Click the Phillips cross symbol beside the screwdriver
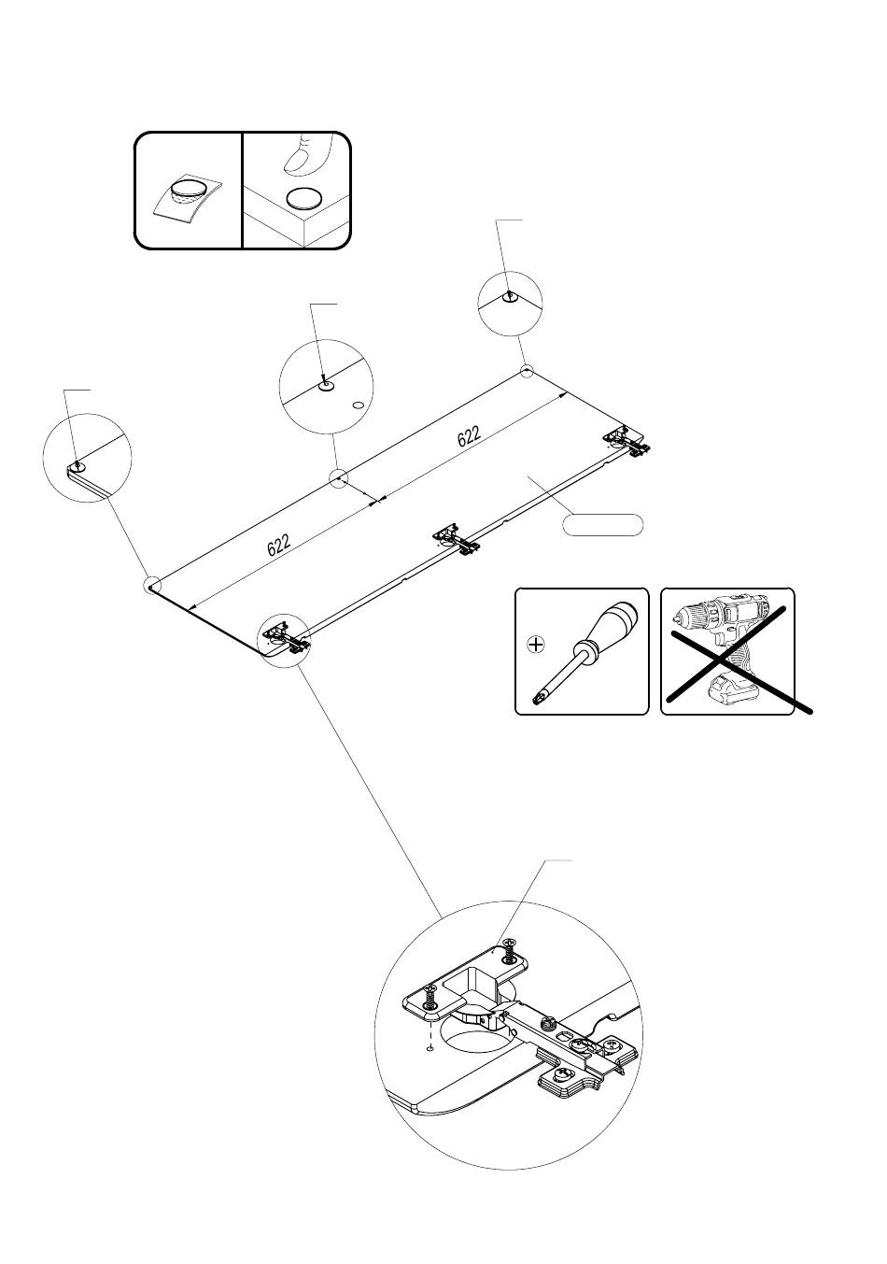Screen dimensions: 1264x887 point(536,644)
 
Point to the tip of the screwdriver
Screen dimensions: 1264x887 point(539,697)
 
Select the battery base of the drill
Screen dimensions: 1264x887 point(733,692)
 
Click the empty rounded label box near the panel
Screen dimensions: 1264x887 point(603,524)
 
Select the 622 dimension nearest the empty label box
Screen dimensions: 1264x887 point(470,436)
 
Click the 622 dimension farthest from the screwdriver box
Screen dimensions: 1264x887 point(278,544)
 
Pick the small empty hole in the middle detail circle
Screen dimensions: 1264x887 point(359,405)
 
